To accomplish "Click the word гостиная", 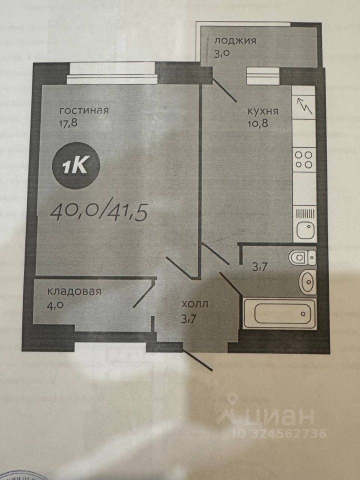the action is click(x=83, y=110).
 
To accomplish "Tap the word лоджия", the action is click(x=234, y=40).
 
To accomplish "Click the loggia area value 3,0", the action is click(x=221, y=53).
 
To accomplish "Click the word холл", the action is click(x=195, y=303).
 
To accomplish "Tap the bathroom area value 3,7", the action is click(x=258, y=267).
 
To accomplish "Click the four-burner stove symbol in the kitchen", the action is click(x=303, y=159).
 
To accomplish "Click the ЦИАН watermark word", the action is click(x=282, y=416).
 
